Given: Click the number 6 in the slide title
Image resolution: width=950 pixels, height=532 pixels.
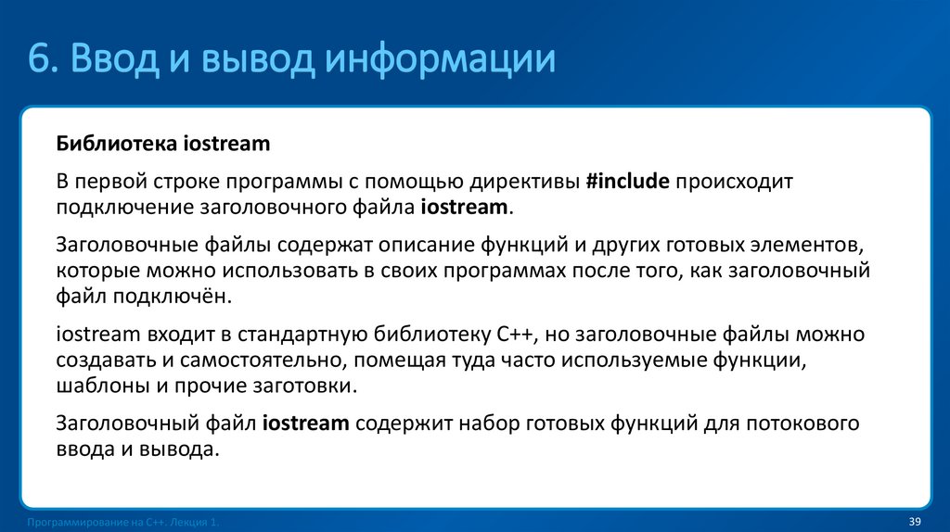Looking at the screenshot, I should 39,58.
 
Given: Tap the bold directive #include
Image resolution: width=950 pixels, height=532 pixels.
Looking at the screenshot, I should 627,181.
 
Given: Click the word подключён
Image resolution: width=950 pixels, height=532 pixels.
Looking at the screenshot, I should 167,298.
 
